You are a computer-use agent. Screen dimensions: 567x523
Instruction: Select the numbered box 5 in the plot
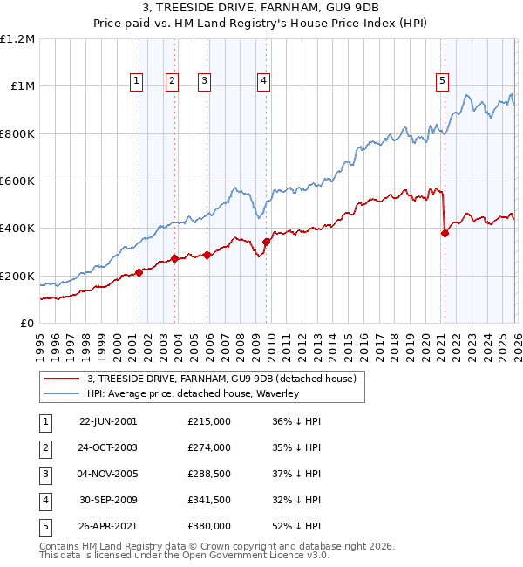click(443, 81)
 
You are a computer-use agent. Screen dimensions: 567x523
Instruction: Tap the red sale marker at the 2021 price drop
click(445, 234)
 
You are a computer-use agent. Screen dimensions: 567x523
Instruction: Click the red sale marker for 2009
click(266, 243)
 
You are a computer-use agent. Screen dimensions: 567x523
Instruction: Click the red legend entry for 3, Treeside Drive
click(221, 379)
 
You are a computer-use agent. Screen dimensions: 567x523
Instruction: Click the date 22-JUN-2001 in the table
click(107, 421)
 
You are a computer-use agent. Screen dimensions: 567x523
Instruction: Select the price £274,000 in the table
click(209, 447)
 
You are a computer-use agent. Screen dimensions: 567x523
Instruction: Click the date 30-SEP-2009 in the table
click(107, 500)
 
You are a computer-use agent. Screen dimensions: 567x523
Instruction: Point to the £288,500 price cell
click(209, 474)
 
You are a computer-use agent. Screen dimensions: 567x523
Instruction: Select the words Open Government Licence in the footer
click(253, 555)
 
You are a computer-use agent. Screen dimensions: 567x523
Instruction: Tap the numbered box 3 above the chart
click(205, 81)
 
